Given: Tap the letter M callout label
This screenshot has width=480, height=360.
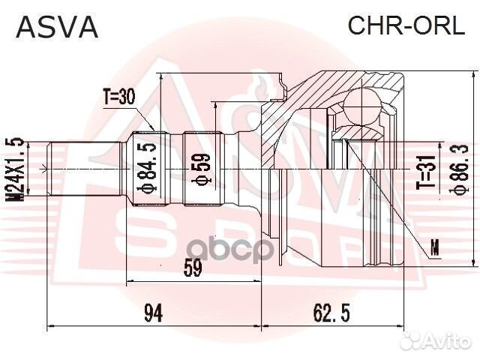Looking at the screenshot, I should (x=436, y=244).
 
